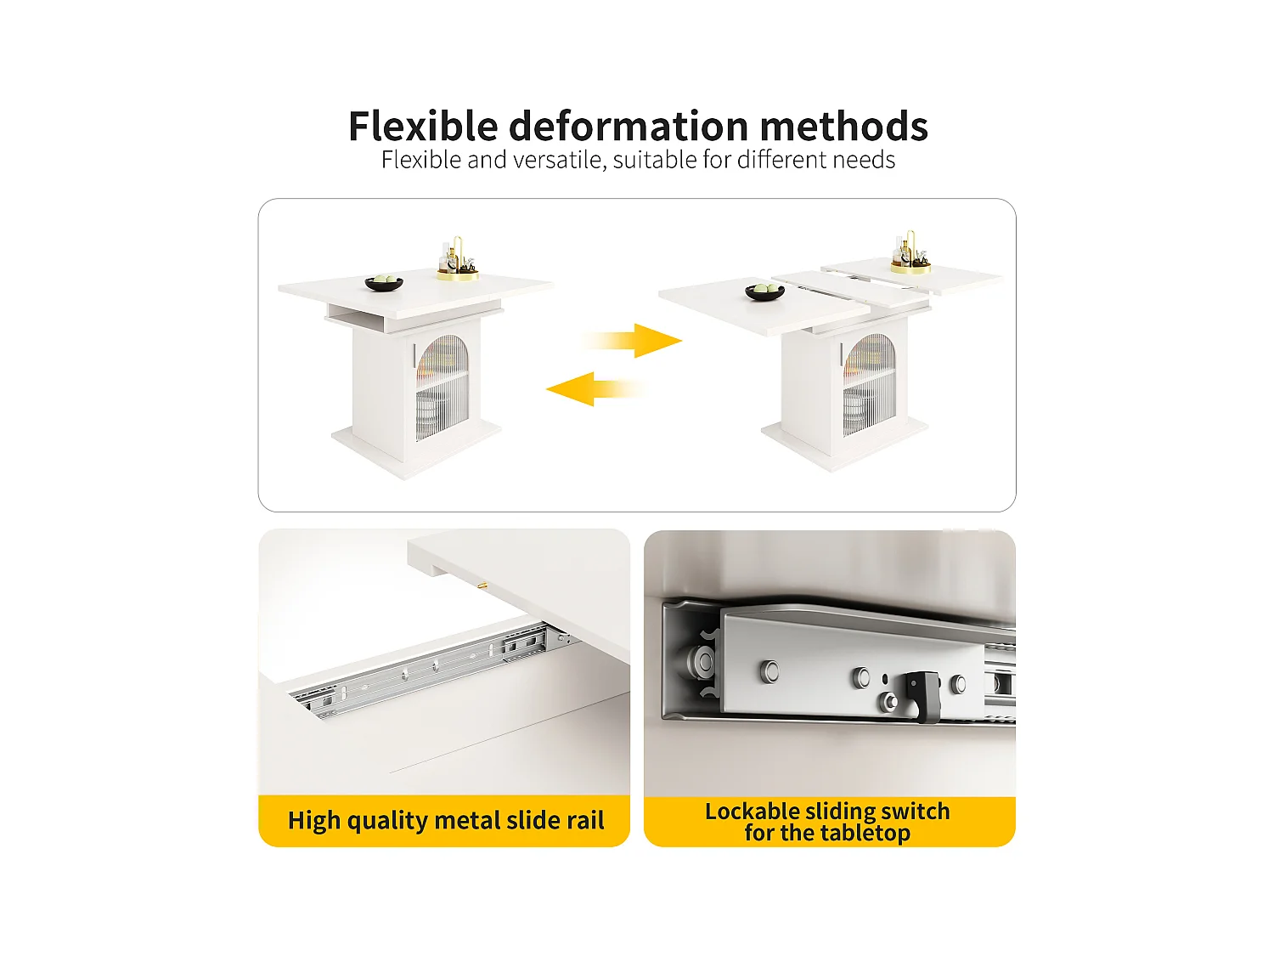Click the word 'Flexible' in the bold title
(x=422, y=127)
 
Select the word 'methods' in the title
(x=843, y=127)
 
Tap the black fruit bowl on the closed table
(x=384, y=283)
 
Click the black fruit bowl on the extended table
(x=764, y=292)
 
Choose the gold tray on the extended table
(x=910, y=267)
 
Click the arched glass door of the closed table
(x=442, y=386)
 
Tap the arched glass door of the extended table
(x=869, y=384)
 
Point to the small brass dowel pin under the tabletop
(x=482, y=585)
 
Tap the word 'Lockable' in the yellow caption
(x=752, y=811)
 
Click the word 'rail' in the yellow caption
(x=585, y=820)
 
